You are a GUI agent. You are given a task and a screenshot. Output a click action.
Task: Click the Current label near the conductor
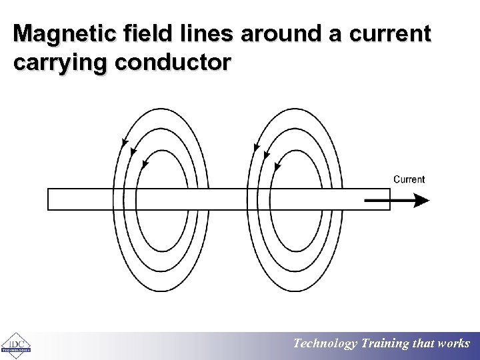click(x=409, y=179)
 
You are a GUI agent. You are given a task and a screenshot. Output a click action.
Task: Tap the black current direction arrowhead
click(x=421, y=200)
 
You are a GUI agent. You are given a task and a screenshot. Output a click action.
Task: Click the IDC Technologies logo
click(x=15, y=345)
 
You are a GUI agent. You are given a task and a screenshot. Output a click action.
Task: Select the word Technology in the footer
click(x=325, y=344)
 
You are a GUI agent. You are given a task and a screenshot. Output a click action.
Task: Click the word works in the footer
click(x=453, y=344)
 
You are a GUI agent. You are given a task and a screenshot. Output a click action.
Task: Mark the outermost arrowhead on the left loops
click(x=124, y=143)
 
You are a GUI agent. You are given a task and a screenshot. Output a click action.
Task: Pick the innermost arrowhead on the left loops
click(x=145, y=164)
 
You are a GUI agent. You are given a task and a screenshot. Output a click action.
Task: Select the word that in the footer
click(x=424, y=344)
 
